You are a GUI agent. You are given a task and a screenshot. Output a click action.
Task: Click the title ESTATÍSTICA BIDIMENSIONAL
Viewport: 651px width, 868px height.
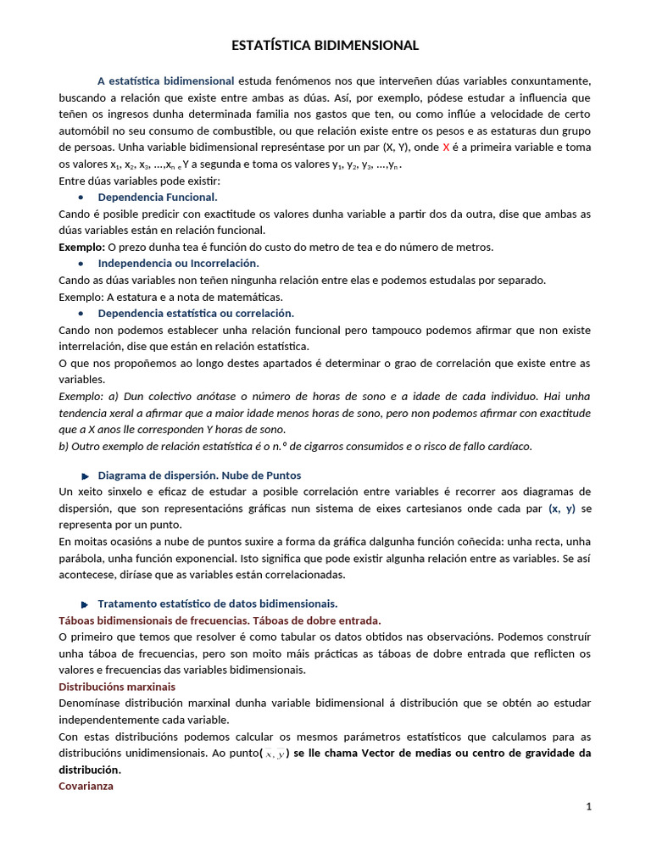pos(325,46)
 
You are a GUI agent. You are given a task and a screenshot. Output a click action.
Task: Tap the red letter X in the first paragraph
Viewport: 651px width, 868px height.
pos(446,147)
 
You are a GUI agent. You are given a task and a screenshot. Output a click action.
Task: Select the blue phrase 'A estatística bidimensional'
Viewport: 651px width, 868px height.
pos(166,81)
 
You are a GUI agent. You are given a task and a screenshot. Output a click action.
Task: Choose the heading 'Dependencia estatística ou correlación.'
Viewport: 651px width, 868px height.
pos(196,313)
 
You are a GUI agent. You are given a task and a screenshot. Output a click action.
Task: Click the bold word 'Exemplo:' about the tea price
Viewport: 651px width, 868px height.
pos(81,247)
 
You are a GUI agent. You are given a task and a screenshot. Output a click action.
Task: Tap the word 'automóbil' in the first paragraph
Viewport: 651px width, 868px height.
pos(86,131)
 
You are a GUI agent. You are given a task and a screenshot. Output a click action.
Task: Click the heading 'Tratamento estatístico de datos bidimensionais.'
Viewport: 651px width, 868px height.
pos(218,604)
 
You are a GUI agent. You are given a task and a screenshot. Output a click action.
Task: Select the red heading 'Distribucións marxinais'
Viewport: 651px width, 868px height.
pos(117,687)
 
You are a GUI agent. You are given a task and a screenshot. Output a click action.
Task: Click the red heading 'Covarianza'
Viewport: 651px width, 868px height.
pos(86,786)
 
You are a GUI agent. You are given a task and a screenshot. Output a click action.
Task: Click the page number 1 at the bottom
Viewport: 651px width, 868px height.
pos(588,806)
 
